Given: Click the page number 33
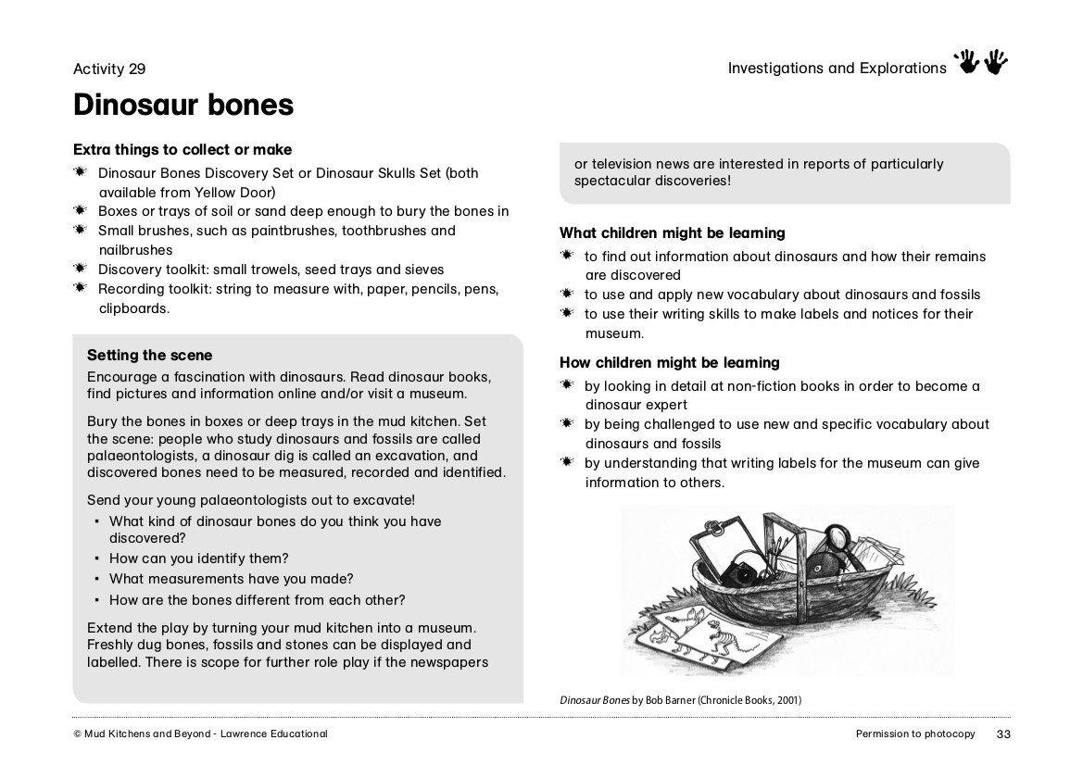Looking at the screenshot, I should tap(1002, 734).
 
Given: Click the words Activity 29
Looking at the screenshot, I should tap(109, 69).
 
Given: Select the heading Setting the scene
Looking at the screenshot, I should tap(149, 356).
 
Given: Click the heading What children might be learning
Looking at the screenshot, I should tap(672, 233).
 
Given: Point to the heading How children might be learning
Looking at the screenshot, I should tap(669, 363).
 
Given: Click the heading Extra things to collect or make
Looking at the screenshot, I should tap(183, 150).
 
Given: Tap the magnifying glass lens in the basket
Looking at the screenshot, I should tap(839, 537).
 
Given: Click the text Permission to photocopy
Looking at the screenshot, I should tap(915, 734).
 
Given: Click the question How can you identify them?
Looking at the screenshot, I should tap(198, 558).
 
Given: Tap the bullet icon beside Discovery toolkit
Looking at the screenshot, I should tap(81, 269).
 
